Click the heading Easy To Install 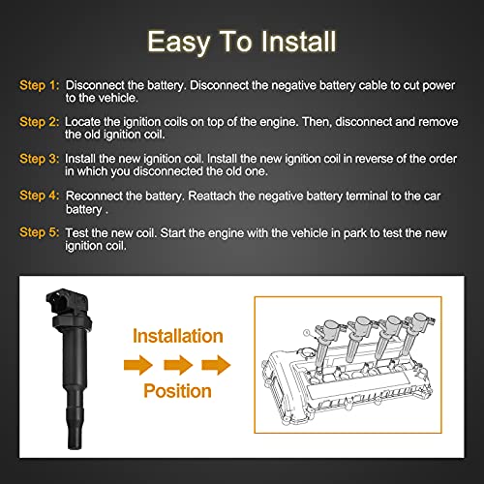pos(242,42)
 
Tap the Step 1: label pos(40,85)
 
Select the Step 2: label pos(40,124)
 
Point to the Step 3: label pos(40,162)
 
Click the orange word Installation pos(177,337)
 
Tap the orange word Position pos(178,390)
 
